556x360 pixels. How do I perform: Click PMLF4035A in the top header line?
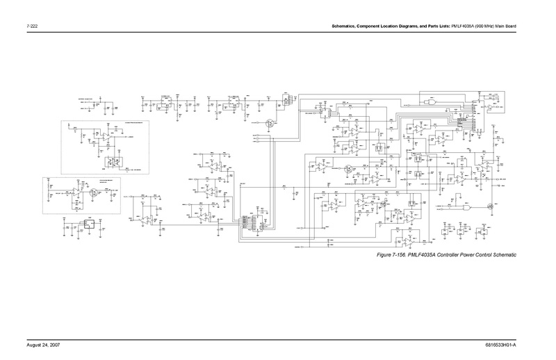point(461,27)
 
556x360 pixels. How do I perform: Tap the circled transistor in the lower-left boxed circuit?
point(91,193)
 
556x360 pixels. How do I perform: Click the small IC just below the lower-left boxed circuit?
point(88,224)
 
